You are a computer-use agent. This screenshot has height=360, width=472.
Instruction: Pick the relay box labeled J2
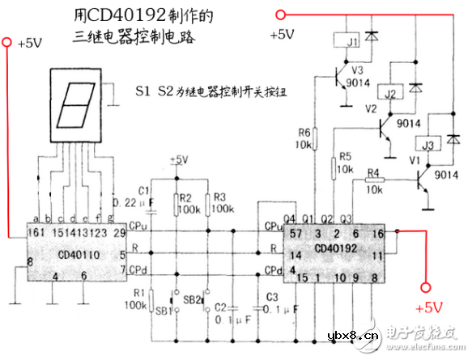pos(391,95)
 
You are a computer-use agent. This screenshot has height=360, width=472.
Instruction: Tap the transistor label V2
pos(371,108)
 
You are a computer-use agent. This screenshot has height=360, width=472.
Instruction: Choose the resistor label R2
pos(185,197)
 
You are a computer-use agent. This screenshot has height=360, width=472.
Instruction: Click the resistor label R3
pos(219,197)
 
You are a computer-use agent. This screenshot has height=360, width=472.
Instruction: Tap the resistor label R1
pos(140,294)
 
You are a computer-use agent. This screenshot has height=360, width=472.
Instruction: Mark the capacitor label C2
pos(219,307)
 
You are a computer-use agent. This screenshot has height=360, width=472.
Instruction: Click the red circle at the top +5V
pos(281,14)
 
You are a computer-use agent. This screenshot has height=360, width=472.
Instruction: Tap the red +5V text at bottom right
pos(428,308)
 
